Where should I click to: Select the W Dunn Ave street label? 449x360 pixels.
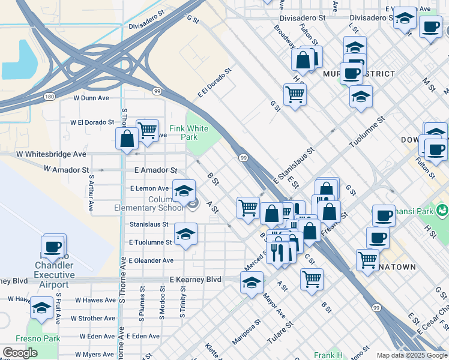point(91,97)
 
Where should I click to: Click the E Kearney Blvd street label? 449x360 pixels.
point(195,280)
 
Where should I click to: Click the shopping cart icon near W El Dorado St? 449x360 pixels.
point(147,130)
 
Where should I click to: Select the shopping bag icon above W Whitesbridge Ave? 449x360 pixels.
point(127,139)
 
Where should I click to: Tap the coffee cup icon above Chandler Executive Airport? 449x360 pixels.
point(53,246)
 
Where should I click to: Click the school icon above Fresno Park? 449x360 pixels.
point(41,308)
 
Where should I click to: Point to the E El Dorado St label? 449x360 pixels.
point(214,84)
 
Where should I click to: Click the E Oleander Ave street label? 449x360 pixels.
point(151,261)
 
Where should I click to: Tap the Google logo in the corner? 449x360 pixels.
point(20,353)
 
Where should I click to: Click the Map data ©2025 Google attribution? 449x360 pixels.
point(411,355)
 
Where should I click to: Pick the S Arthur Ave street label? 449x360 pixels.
point(91,193)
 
